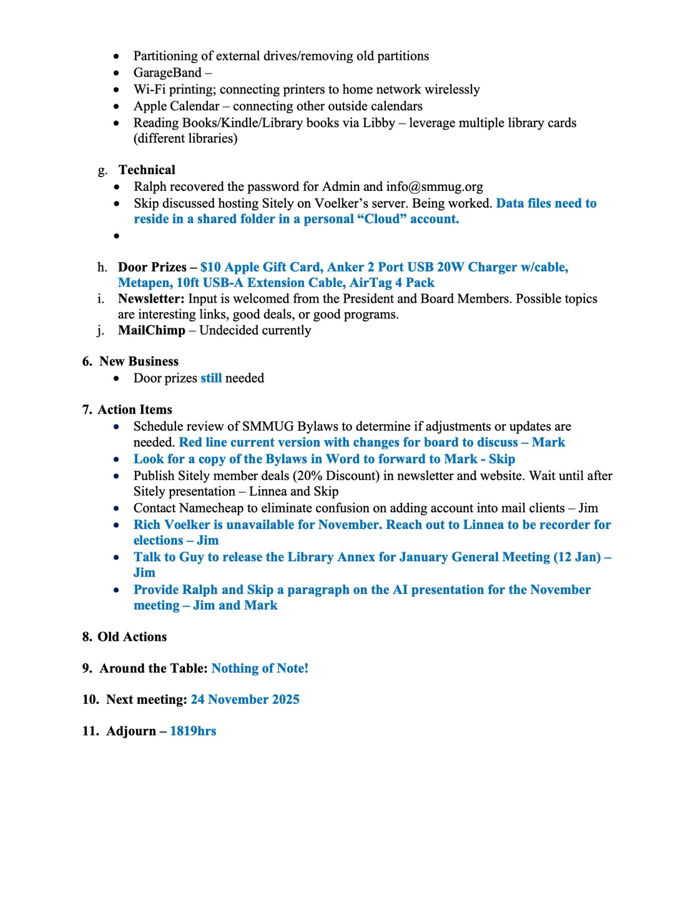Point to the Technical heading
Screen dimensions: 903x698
coord(147,170)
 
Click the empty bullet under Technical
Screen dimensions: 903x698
coord(117,236)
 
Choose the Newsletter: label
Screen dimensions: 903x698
coord(151,299)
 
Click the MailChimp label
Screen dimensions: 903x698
coord(152,330)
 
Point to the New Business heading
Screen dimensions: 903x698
coord(139,361)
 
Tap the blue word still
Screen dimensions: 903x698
coord(211,378)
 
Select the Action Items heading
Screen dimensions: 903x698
coord(135,409)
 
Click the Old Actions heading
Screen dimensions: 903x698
coord(132,637)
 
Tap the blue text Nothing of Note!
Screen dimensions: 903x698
coord(260,668)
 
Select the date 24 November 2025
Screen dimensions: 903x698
coord(245,700)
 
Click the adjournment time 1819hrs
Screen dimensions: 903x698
coord(193,731)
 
